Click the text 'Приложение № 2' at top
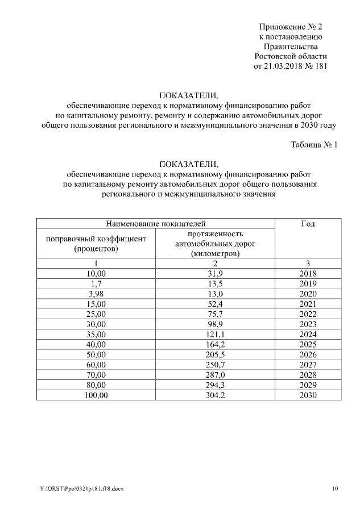click(291, 27)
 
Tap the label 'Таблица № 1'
click(314, 145)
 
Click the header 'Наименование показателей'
click(155, 224)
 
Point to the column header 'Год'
click(308, 224)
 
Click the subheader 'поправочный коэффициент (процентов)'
click(96, 244)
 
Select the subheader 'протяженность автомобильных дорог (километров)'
click(215, 244)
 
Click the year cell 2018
click(308, 273)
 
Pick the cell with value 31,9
click(215, 273)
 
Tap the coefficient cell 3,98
click(96, 294)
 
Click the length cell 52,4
click(215, 304)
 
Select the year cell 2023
click(308, 324)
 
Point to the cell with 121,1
click(215, 335)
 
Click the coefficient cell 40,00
click(96, 345)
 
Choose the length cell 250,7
click(215, 365)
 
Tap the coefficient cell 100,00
click(96, 395)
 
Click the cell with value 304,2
click(215, 395)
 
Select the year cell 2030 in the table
click(308, 395)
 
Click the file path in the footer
click(81, 488)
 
